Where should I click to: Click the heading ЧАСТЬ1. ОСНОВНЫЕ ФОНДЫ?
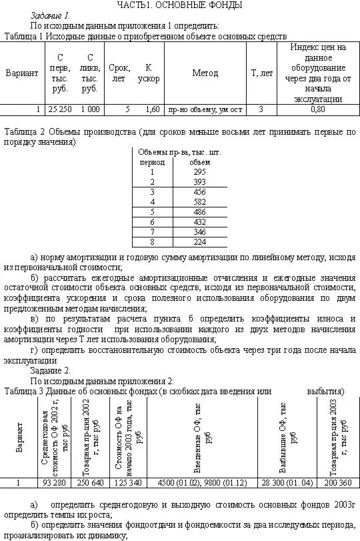(179, 5)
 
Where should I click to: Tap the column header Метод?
(205, 73)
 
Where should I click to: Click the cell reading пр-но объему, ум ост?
(205, 109)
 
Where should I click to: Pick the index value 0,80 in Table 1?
(318, 109)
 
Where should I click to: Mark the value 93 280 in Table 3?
(55, 482)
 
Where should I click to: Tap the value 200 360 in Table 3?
(333, 482)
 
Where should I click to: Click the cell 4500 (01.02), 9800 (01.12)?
(204, 482)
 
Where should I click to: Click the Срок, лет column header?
(119, 73)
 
